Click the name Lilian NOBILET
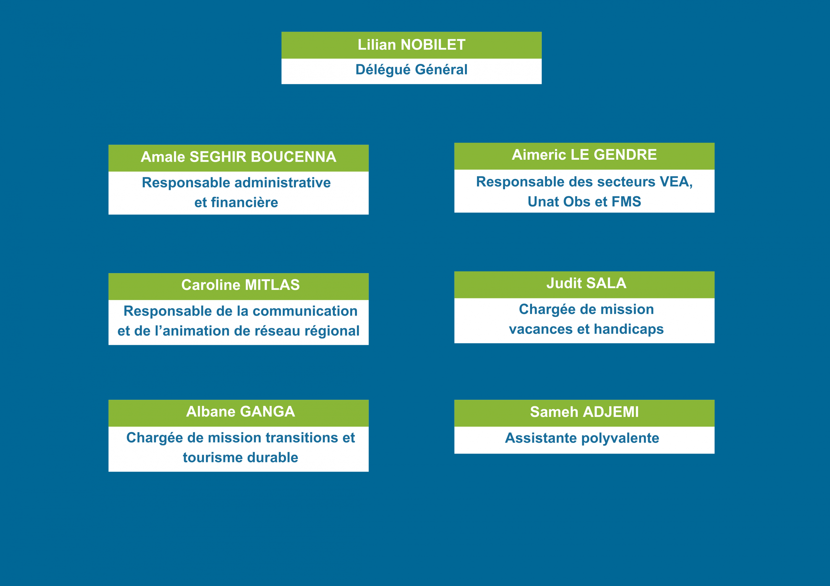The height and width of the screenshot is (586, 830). (x=411, y=45)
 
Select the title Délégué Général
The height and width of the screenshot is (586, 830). (x=411, y=70)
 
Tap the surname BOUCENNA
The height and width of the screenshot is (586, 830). (x=293, y=157)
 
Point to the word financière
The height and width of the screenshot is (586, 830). (x=244, y=202)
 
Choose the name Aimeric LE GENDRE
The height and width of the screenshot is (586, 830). (x=584, y=155)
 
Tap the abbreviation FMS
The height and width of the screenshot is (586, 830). (x=626, y=201)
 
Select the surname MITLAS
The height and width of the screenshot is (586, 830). (x=272, y=285)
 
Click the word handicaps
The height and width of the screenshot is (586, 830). (x=629, y=329)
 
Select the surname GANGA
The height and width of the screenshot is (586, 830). (x=267, y=411)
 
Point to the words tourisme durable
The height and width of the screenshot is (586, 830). (x=240, y=458)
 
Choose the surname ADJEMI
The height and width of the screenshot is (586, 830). (x=611, y=412)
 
